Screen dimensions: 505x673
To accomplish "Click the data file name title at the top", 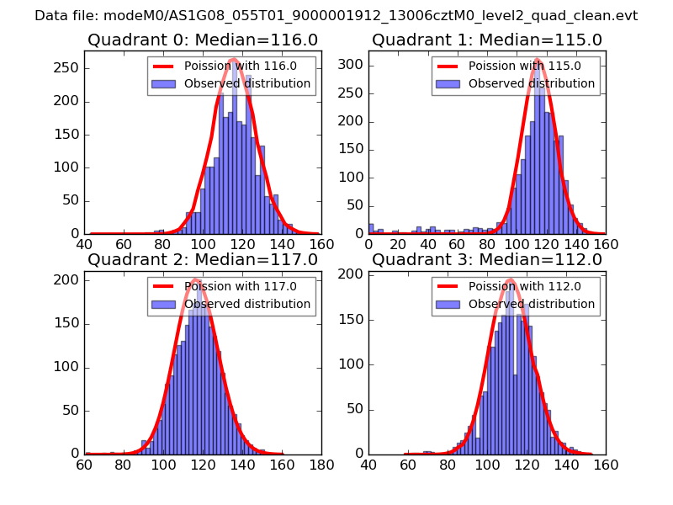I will pos(336,15).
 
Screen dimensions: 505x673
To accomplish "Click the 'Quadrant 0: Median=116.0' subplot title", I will pos(203,40).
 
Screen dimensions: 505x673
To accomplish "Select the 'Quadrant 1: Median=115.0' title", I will pos(487,40).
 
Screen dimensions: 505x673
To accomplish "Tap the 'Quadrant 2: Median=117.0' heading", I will pos(203,260).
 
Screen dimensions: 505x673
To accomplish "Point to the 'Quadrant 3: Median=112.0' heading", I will pos(487,260).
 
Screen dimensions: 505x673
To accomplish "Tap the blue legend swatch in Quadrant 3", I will pos(447,304).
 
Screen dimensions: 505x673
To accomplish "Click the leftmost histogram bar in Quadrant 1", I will pos(371,228).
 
